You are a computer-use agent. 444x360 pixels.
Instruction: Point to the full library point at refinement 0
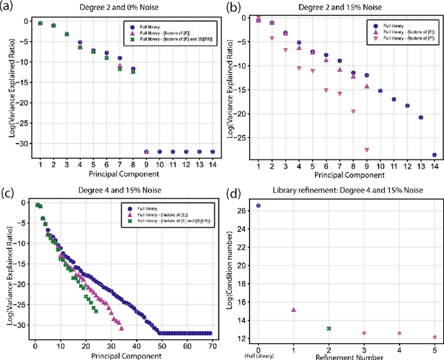(259, 205)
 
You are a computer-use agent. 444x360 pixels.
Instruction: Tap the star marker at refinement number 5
(434, 337)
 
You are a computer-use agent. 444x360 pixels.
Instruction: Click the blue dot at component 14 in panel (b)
(434, 155)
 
